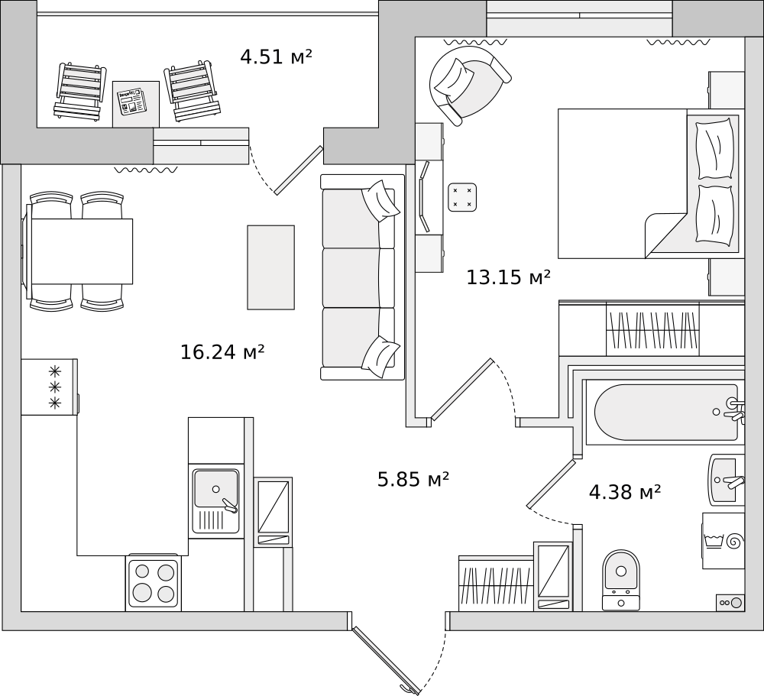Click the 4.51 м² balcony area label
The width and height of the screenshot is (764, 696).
click(276, 57)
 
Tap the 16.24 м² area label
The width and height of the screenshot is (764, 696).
click(222, 352)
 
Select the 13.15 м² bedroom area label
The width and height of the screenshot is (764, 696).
click(508, 277)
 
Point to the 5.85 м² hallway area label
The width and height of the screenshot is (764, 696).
click(413, 479)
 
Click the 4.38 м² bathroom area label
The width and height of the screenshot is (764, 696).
click(625, 492)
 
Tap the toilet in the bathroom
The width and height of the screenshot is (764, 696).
click(620, 580)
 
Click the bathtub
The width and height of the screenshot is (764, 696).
click(666, 413)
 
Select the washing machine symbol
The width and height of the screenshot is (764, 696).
click(723, 540)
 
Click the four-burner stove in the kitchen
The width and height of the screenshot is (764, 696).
click(154, 583)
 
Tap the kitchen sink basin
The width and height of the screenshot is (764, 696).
click(216, 488)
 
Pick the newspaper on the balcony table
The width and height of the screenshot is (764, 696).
click(131, 102)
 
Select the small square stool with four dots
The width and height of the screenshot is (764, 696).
click(462, 197)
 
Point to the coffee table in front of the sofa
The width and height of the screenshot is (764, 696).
click(271, 267)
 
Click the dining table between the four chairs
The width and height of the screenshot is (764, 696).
click(82, 251)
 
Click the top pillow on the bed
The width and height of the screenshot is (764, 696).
click(715, 148)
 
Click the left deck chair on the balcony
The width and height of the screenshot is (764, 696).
click(79, 91)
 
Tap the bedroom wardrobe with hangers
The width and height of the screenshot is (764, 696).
click(652, 329)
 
